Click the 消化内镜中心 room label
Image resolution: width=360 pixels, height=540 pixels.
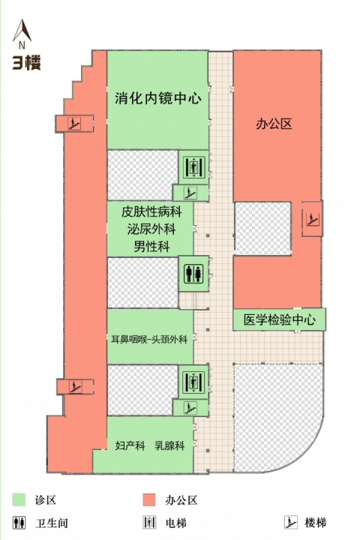click(x=158, y=98)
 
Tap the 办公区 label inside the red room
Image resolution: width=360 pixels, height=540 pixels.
click(x=274, y=124)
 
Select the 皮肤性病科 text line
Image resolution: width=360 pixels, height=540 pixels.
click(x=151, y=211)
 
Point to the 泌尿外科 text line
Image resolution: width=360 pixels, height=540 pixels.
click(x=151, y=229)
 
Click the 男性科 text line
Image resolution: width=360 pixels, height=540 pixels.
click(x=151, y=247)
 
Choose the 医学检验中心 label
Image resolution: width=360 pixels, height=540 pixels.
click(x=280, y=319)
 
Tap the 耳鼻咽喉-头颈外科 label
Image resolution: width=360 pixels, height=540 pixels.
click(x=149, y=340)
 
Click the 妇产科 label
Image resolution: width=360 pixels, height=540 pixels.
click(x=130, y=445)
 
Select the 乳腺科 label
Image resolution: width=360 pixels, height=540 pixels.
click(x=169, y=445)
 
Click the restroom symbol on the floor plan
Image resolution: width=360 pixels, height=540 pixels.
click(x=193, y=274)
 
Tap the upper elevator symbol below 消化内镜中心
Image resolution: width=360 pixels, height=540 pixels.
click(x=193, y=167)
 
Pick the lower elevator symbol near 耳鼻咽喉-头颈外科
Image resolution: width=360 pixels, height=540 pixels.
click(x=193, y=382)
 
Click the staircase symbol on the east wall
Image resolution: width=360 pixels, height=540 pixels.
click(x=313, y=219)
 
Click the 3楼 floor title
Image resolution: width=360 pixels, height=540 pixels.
click(x=26, y=63)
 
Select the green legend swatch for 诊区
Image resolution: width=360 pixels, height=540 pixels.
click(x=19, y=499)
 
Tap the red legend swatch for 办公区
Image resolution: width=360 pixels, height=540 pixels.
click(x=149, y=499)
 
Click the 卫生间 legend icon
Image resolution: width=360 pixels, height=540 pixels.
click(x=19, y=523)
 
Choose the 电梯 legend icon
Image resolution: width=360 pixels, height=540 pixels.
click(x=149, y=523)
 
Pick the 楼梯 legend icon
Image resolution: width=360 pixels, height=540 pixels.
click(x=291, y=523)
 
